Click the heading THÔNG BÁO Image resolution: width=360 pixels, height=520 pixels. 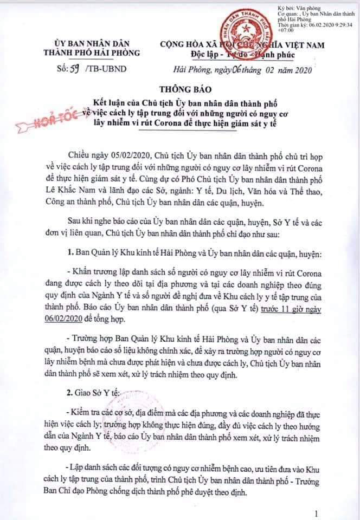(x=180, y=89)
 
